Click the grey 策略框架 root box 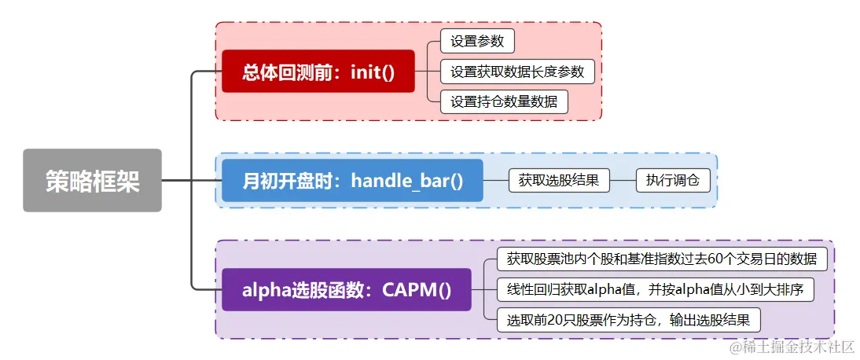click(92, 180)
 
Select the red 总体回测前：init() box click(318, 72)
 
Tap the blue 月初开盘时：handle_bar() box click(352, 180)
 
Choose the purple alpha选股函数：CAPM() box click(346, 289)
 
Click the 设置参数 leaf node click(477, 41)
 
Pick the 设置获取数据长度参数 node click(517, 72)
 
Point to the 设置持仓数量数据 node click(504, 101)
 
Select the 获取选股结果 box click(559, 180)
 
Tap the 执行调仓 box click(672, 180)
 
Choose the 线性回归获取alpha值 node click(655, 288)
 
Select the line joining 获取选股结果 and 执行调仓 click(623, 180)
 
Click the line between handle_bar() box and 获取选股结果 click(496, 180)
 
